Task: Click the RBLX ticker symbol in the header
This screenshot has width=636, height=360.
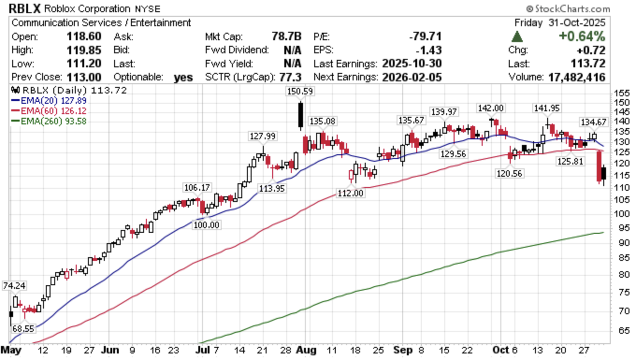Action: [x=24, y=8]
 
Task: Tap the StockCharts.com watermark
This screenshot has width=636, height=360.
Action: [x=568, y=8]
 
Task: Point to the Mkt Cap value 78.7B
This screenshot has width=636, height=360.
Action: [x=286, y=36]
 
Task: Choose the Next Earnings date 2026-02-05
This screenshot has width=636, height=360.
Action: [x=412, y=77]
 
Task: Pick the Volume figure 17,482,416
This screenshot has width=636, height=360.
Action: [x=576, y=77]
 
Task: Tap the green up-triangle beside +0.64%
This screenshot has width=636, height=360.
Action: [x=517, y=36]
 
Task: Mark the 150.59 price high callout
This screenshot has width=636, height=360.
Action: [x=300, y=92]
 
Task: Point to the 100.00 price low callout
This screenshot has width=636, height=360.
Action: [x=207, y=225]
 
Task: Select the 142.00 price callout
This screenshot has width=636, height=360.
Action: [x=491, y=108]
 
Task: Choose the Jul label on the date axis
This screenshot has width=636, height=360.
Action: [x=202, y=350]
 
